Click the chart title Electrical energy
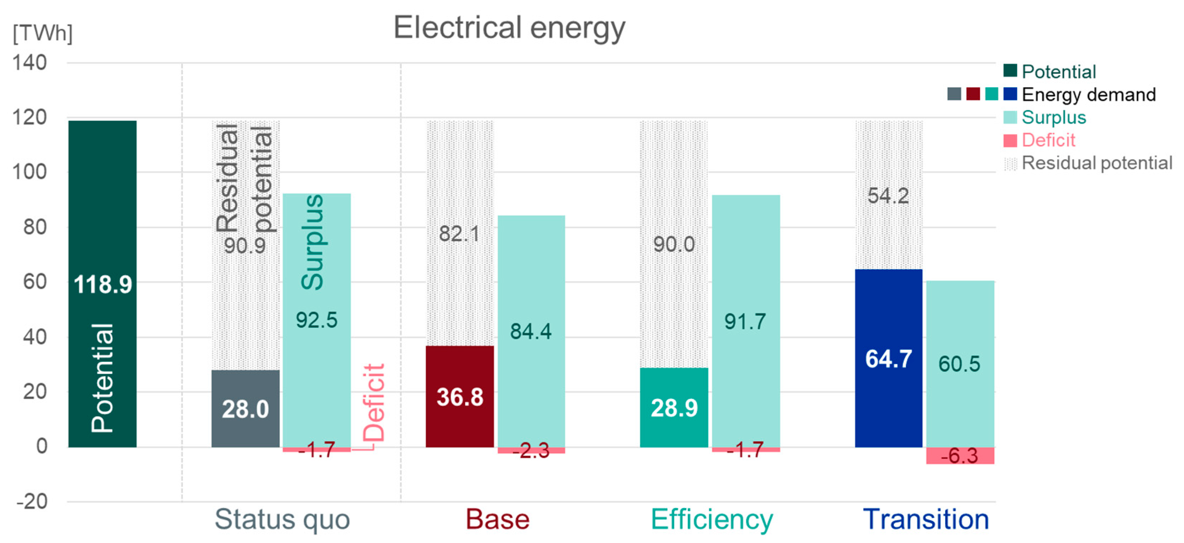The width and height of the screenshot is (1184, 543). click(509, 27)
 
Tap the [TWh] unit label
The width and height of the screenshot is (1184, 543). click(42, 33)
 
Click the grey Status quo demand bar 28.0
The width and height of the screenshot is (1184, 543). click(245, 408)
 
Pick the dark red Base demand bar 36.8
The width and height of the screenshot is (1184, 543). click(459, 396)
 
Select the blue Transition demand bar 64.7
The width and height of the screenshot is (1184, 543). click(888, 358)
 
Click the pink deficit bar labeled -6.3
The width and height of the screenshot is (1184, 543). click(960, 455)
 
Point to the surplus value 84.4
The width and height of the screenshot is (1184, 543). click(531, 331)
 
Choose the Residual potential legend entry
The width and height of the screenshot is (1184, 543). click(1096, 163)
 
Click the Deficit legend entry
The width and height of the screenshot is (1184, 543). click(1048, 140)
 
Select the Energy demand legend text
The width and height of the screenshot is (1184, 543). click(1088, 94)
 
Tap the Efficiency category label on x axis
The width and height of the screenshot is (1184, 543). click(712, 519)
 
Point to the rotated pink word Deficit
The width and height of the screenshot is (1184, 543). click(373, 402)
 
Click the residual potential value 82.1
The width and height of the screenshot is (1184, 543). click(459, 234)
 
